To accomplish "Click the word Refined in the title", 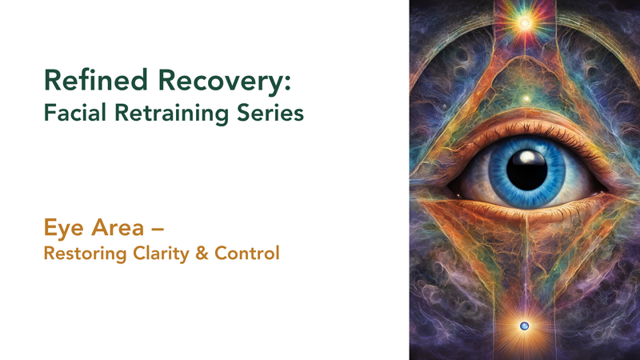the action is coord(96,80).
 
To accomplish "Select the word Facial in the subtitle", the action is coord(75,112).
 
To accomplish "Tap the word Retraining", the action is coord(171,114).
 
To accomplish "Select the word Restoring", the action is coord(86,254).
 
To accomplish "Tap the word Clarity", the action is coord(162,254).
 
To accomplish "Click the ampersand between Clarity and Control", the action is coord(202,253).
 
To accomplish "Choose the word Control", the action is coord(247,253).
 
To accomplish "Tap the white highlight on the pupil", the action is coord(527,157).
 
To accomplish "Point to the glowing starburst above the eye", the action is coord(525,23).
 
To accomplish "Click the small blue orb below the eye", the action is coord(525,326).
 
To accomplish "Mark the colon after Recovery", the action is coord(288,82).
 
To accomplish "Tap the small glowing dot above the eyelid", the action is coord(526,98).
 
